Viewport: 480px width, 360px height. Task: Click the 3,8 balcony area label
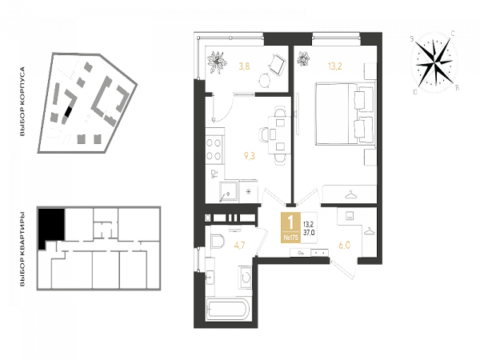point(244,66)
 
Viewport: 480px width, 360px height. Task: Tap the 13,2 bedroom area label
point(335,66)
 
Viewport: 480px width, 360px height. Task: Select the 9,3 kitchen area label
point(249,156)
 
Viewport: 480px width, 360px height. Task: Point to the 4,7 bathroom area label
point(239,246)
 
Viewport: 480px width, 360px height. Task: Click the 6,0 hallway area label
point(344,246)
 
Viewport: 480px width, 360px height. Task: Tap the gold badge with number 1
point(291,227)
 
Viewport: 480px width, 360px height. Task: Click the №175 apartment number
point(291,238)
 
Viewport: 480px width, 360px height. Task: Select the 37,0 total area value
point(309,233)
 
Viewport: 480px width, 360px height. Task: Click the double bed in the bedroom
point(346,114)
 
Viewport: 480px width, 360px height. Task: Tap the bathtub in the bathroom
point(229,309)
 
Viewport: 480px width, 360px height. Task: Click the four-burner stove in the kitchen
point(214,149)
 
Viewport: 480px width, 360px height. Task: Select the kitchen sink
point(228,192)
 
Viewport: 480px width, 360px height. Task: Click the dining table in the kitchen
point(279,134)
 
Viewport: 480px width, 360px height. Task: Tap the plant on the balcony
point(217,62)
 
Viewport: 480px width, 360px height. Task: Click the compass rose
point(434,62)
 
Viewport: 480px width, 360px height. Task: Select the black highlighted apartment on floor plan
point(50,228)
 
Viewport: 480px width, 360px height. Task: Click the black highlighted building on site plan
point(68,112)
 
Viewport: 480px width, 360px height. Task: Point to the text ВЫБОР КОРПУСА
point(22,102)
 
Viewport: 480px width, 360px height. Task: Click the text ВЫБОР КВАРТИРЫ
point(22,249)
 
